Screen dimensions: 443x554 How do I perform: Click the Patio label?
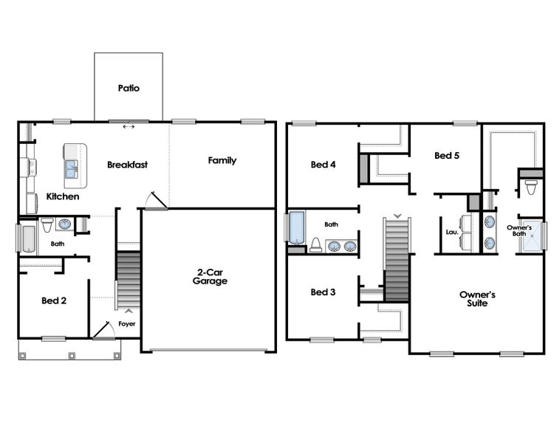(x=129, y=88)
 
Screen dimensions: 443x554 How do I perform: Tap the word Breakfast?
(x=127, y=165)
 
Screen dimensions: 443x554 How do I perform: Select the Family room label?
(x=222, y=160)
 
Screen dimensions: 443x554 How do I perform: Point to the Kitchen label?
(x=63, y=197)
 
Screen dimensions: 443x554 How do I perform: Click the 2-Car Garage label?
(x=210, y=276)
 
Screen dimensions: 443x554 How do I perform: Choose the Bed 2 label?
(x=54, y=301)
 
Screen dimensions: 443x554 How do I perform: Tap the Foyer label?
(x=126, y=324)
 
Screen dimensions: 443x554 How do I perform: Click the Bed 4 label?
(x=323, y=165)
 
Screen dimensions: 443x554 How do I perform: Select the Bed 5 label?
(x=447, y=156)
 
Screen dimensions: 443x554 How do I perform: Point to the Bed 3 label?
(x=323, y=292)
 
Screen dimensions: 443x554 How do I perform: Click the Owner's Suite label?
(x=477, y=298)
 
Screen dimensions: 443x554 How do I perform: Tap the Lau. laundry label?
(x=452, y=232)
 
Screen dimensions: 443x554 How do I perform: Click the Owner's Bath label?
(x=519, y=230)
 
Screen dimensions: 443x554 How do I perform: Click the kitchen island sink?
(x=72, y=170)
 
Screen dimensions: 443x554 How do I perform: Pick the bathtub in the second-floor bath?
(x=296, y=227)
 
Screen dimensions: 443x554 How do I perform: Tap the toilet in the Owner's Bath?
(x=530, y=188)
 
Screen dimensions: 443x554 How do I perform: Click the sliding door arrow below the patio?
(x=129, y=127)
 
